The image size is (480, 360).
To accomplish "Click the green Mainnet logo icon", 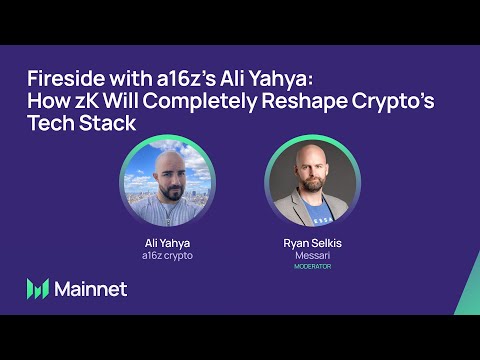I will (38, 289).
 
